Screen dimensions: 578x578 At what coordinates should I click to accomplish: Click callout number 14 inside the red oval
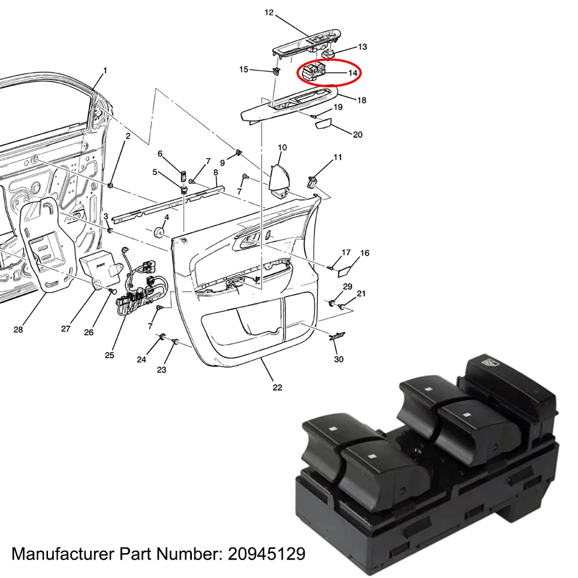[x=353, y=73]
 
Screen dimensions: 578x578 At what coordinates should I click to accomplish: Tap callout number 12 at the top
[x=269, y=12]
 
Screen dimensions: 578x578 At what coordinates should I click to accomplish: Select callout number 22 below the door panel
[x=277, y=387]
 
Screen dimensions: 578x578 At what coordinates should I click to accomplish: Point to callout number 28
[x=18, y=329]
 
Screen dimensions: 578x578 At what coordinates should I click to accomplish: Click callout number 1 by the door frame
[x=105, y=71]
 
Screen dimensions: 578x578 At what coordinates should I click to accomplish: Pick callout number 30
[x=339, y=359]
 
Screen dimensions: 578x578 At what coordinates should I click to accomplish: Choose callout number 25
[x=109, y=355]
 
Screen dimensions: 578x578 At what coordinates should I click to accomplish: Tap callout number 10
[x=282, y=147]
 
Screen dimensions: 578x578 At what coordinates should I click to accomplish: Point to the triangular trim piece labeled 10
[x=280, y=179]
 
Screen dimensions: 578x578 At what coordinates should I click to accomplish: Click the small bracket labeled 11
[x=313, y=182]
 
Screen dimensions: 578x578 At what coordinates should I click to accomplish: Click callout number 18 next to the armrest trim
[x=362, y=100]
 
